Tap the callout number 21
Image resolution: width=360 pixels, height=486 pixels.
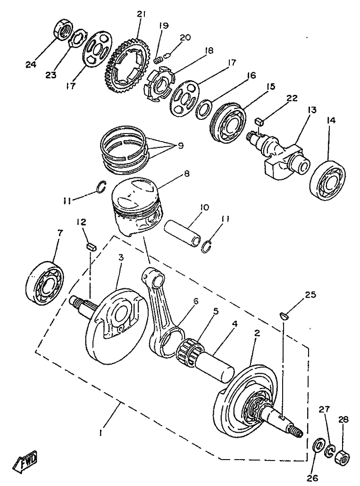tap(140, 15)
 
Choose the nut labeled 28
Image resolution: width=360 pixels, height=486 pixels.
tap(341, 457)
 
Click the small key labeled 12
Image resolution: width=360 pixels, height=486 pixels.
tap(92, 245)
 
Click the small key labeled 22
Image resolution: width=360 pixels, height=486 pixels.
tap(258, 121)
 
